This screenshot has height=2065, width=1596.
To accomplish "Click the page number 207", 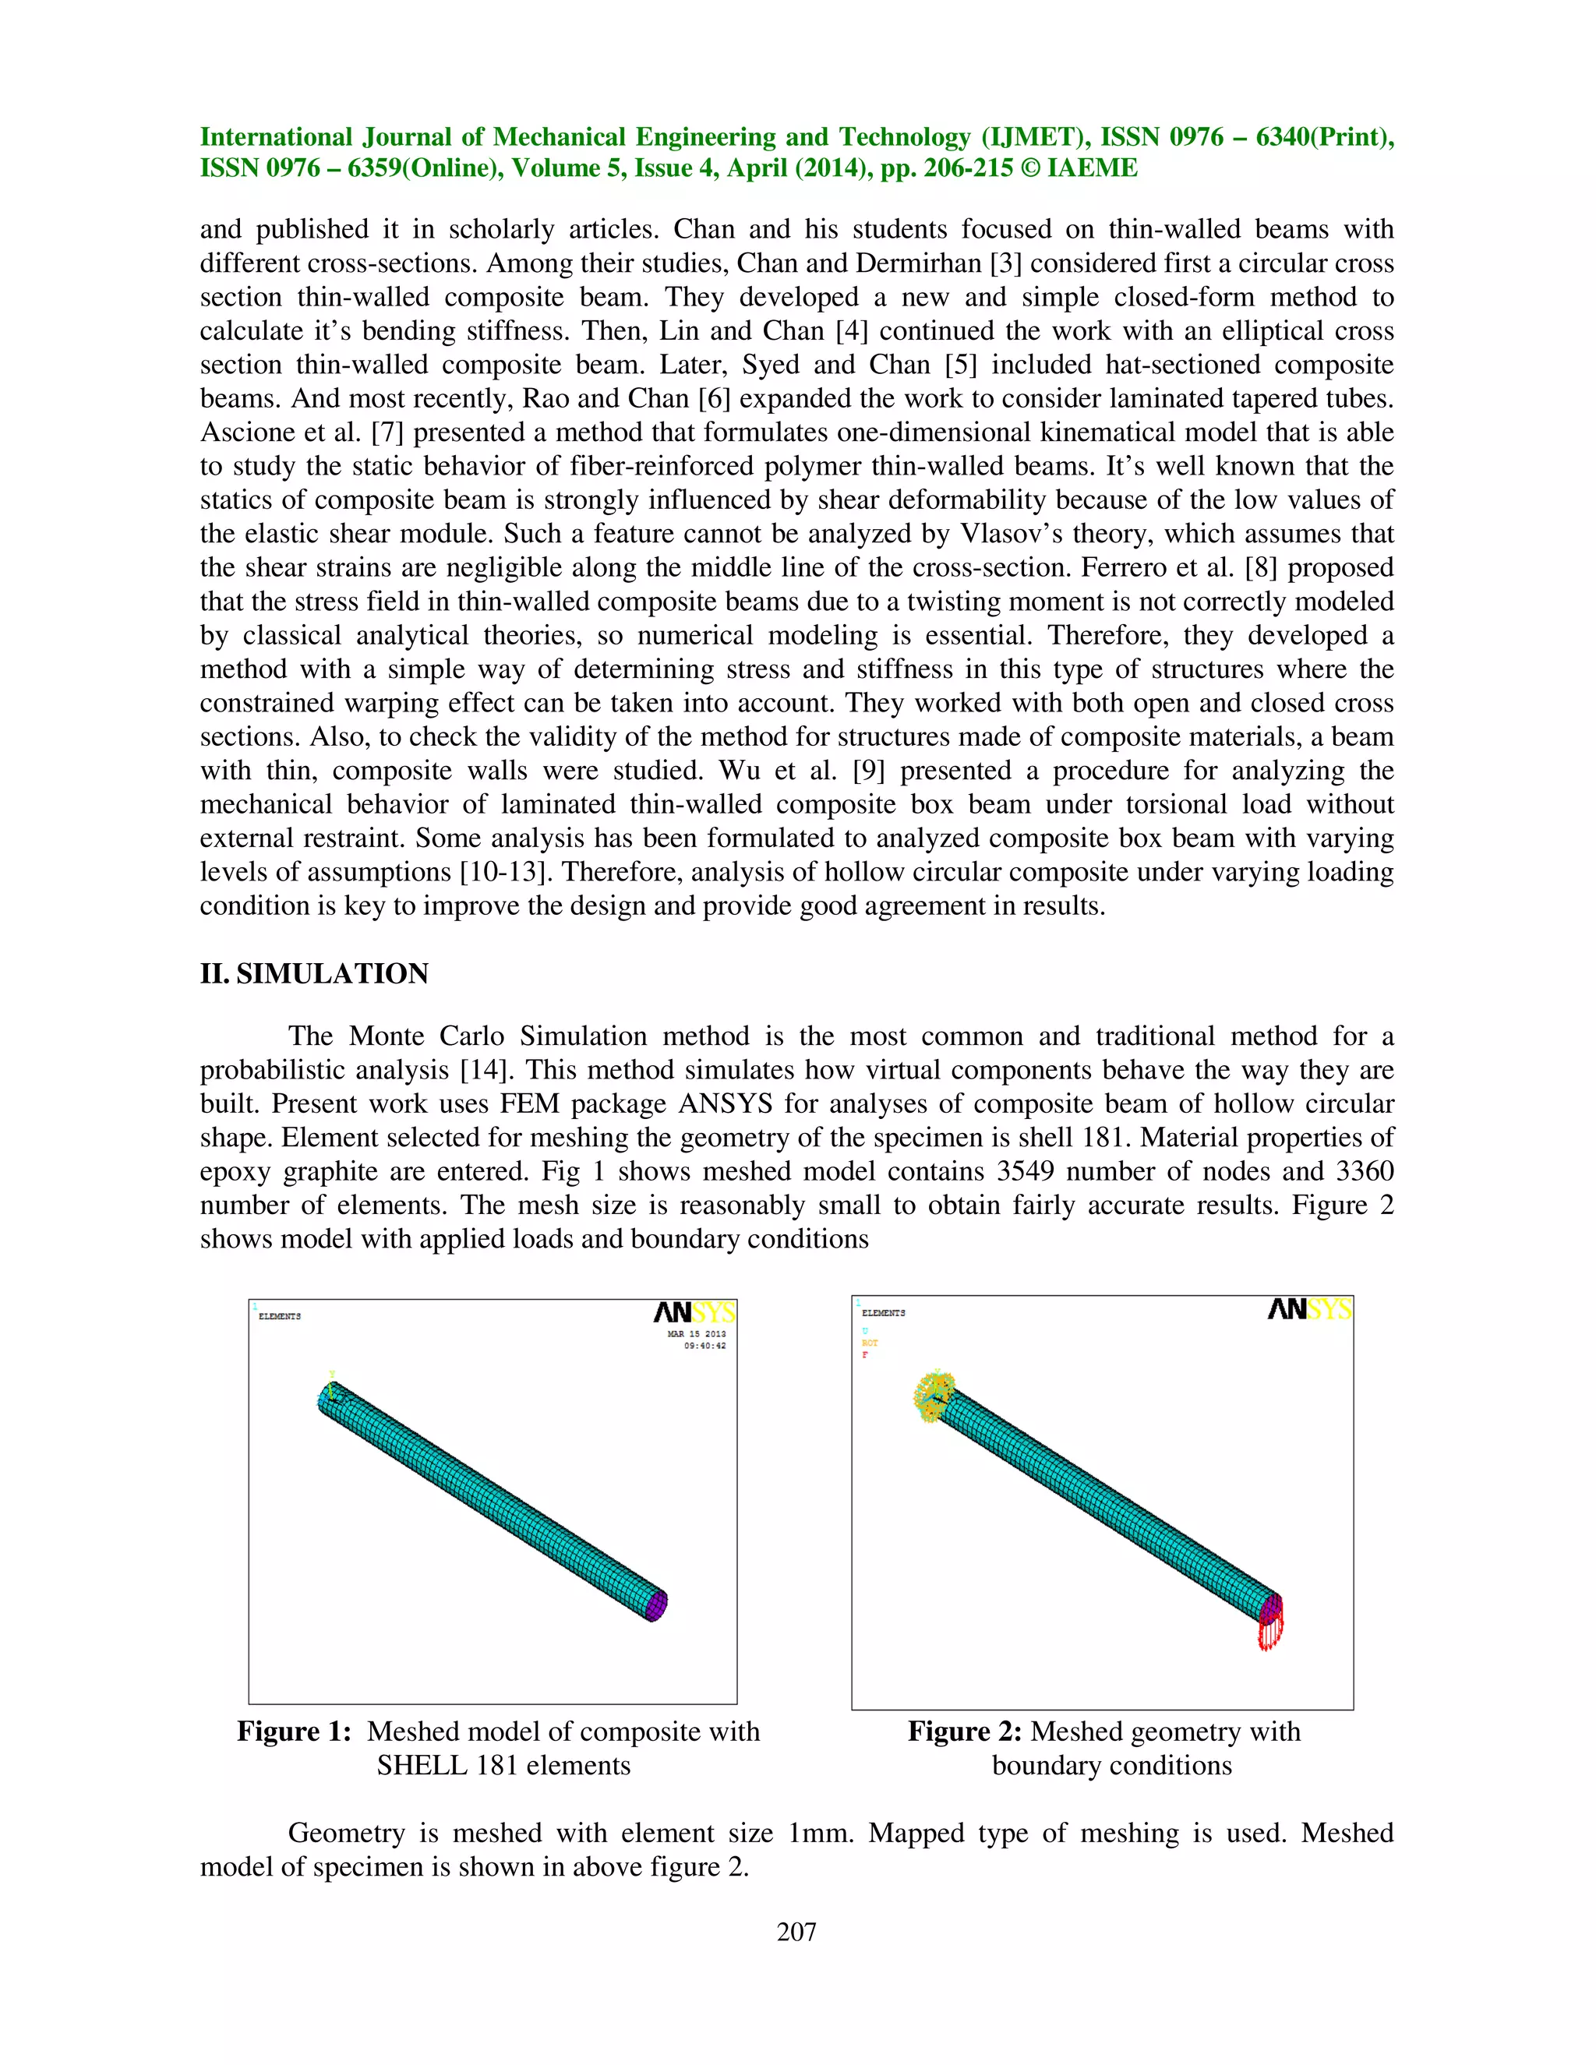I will pyautogui.click(x=796, y=1933).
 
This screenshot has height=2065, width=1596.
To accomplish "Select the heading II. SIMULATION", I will pyautogui.click(x=314, y=974).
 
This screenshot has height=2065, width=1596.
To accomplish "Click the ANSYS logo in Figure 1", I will pyautogui.click(x=694, y=1313).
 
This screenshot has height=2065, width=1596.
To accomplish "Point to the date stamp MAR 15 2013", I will pyautogui.click(x=697, y=1334).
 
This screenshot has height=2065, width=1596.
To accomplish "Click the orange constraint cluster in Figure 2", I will pyautogui.click(x=932, y=1396).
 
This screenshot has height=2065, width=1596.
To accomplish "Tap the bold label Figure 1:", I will pyautogui.click(x=294, y=1732).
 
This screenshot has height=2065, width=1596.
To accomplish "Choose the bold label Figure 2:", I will pyautogui.click(x=965, y=1732).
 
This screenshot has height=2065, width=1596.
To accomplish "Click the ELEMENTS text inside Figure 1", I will pyautogui.click(x=280, y=1316).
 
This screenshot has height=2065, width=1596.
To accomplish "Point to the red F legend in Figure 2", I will pyautogui.click(x=864, y=1356).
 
